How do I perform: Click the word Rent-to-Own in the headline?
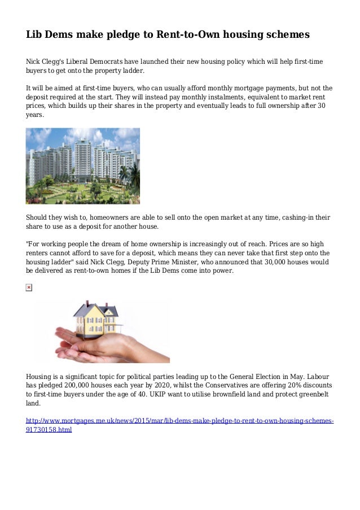tap(187, 34)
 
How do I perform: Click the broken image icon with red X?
tap(29, 288)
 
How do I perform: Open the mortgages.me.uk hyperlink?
tap(179, 422)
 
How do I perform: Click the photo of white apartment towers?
tap(82, 165)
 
